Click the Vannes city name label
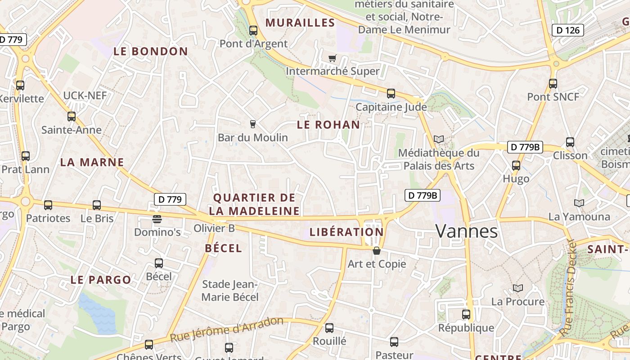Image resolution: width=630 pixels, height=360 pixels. [467, 231]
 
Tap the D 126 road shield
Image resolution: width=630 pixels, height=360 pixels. [567, 30]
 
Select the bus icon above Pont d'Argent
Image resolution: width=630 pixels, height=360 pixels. [253, 31]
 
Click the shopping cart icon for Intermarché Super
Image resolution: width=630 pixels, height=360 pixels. [333, 58]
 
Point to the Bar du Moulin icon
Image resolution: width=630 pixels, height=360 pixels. [252, 124]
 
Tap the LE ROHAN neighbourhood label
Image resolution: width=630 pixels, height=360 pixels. [328, 125]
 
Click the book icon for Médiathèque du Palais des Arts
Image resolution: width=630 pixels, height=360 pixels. [438, 139]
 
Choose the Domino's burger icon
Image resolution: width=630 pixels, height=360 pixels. [157, 219]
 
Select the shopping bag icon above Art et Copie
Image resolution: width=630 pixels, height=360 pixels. [377, 251]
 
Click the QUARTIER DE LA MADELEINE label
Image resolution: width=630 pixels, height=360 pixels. [255, 204]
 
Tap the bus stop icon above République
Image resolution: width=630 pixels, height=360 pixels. [466, 315]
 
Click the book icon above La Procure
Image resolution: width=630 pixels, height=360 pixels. [518, 288]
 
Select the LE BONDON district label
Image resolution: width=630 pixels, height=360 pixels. [150, 51]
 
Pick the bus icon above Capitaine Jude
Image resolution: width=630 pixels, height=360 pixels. [391, 94]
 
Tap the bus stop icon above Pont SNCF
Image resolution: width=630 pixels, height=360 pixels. [553, 83]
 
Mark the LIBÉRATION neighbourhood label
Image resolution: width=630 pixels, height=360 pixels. [346, 232]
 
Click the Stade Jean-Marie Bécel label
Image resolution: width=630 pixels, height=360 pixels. [230, 291]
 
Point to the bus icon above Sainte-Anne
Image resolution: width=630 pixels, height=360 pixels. [72, 117]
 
